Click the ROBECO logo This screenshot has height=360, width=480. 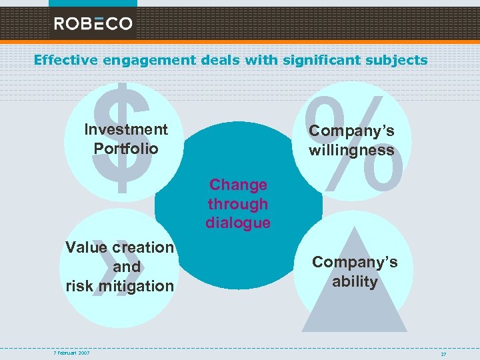93,23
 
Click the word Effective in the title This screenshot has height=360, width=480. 65,60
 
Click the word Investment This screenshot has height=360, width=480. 126,129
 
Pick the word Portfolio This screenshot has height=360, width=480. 126,148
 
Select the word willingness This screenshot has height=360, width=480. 351,151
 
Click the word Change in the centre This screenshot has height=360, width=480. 238,185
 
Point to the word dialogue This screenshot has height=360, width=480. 238,223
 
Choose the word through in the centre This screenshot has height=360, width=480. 238,204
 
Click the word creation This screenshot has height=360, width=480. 143,247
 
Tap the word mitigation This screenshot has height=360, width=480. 136,286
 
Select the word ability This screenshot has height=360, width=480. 355,281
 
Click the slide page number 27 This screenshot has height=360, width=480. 443,354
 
